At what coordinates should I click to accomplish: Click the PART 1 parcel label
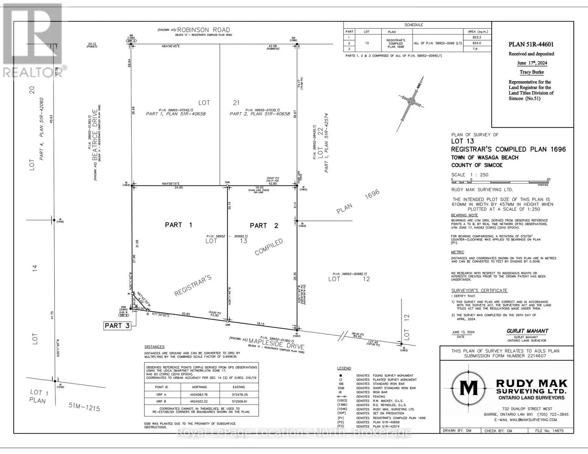coord(178,225)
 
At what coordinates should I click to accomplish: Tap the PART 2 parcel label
coord(264,226)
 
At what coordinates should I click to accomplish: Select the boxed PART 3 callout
coord(117,326)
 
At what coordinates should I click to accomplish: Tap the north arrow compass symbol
coord(410,102)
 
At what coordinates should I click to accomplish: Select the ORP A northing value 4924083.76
coord(200,395)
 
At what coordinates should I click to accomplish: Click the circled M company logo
coord(468,389)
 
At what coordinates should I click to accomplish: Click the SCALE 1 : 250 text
coord(469,175)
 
